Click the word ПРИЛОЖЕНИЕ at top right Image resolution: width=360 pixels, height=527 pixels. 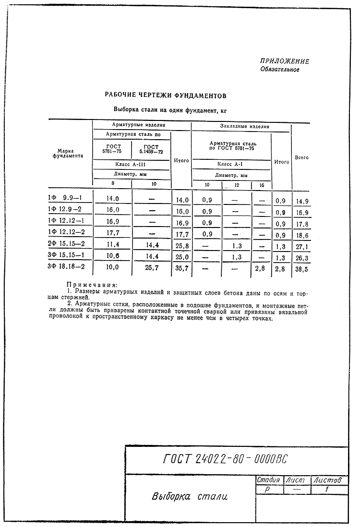(284, 61)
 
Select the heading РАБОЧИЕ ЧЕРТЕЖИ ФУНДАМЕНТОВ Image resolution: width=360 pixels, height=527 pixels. (166, 96)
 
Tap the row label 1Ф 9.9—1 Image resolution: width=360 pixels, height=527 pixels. (65, 198)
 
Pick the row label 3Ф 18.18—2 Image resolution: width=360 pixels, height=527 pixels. (66, 266)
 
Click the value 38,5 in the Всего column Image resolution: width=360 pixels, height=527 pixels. (301, 269)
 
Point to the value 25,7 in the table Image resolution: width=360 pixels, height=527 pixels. (152, 268)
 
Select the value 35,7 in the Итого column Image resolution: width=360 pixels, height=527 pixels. (182, 268)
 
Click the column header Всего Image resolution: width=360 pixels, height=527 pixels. (301, 157)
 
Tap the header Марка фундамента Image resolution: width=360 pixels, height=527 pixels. (68, 153)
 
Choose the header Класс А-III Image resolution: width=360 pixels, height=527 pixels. (130, 165)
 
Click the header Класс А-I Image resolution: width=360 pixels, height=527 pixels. (230, 164)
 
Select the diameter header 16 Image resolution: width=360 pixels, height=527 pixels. (262, 185)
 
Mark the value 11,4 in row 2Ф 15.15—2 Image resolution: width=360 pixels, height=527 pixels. (113, 245)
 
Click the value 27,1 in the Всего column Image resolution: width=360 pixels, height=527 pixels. (302, 247)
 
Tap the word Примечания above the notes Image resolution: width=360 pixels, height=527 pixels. (92, 285)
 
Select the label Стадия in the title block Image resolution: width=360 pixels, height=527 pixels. (268, 480)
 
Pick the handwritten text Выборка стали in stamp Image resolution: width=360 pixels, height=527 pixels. (190, 496)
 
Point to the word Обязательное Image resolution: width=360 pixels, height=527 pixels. (280, 70)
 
